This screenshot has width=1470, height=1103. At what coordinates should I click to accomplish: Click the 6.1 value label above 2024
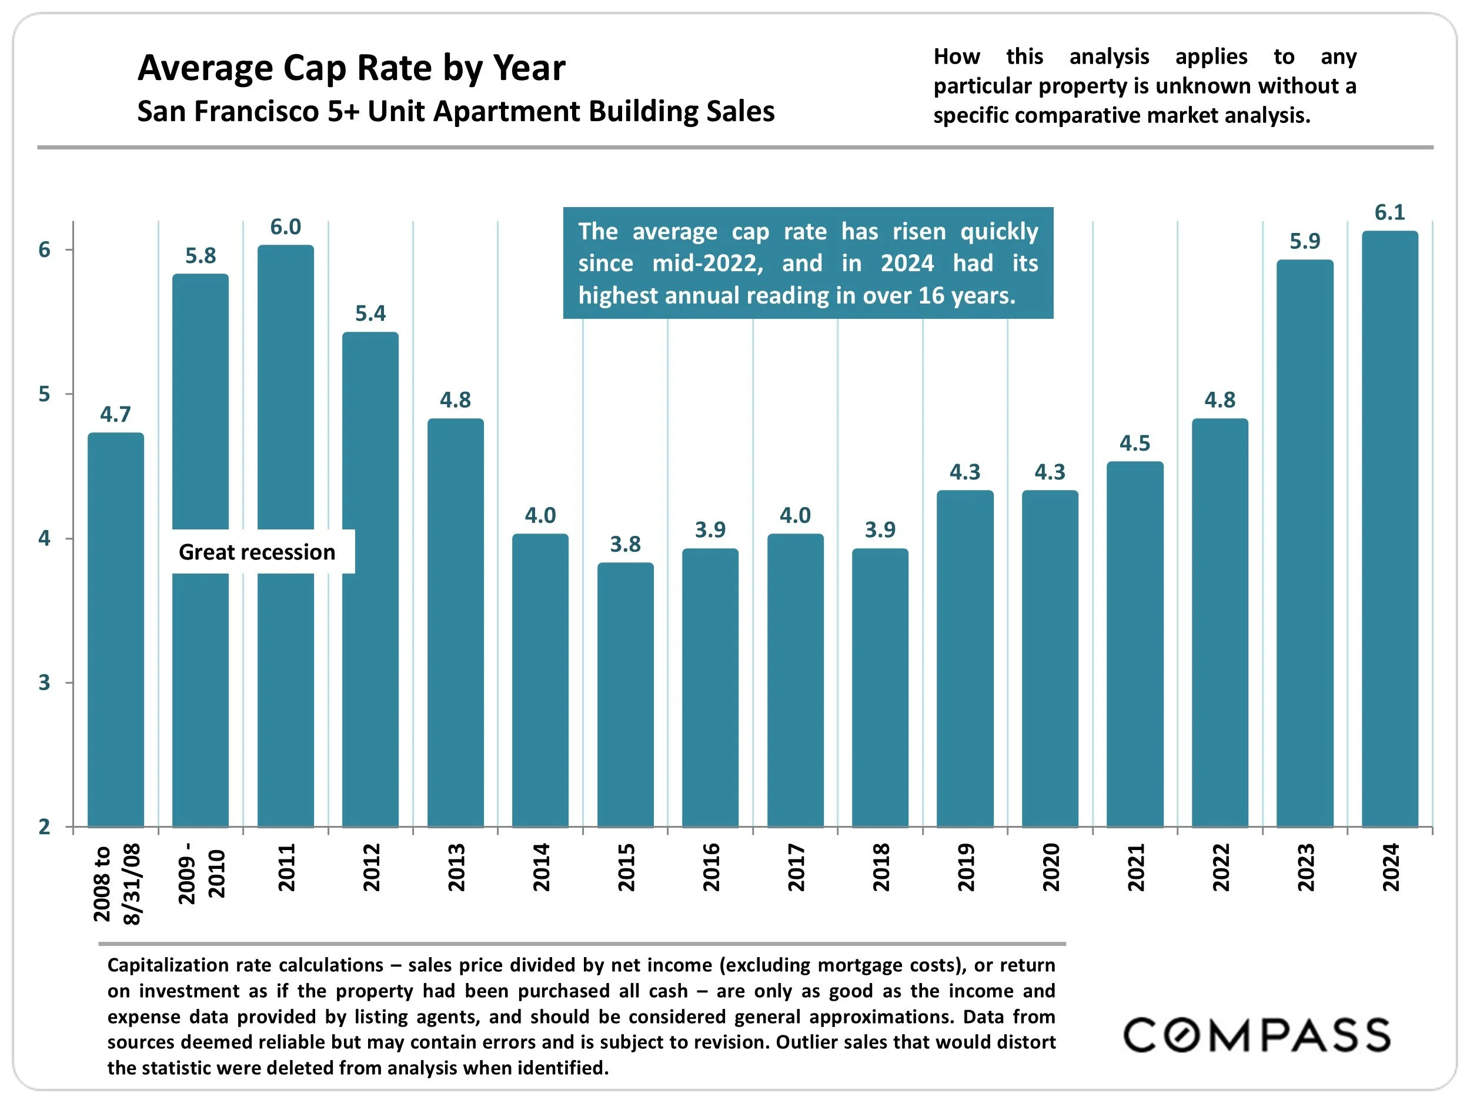[1389, 213]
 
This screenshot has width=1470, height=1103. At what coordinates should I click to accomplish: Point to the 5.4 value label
[370, 313]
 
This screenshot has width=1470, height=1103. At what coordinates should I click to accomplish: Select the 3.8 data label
[626, 545]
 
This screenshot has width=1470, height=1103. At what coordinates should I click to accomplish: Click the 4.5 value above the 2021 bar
[1134, 444]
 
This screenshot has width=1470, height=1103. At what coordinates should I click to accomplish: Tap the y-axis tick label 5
[45, 394]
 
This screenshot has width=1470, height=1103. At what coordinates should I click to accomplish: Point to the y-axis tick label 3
[45, 683]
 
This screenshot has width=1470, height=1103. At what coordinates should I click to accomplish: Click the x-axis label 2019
[965, 867]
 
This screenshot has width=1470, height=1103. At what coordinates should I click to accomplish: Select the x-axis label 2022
[1220, 867]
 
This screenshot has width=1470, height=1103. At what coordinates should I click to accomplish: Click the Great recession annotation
[257, 552]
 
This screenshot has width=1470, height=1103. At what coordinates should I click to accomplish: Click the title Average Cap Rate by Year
[351, 68]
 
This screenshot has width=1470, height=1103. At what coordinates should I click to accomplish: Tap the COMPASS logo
[1256, 1035]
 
